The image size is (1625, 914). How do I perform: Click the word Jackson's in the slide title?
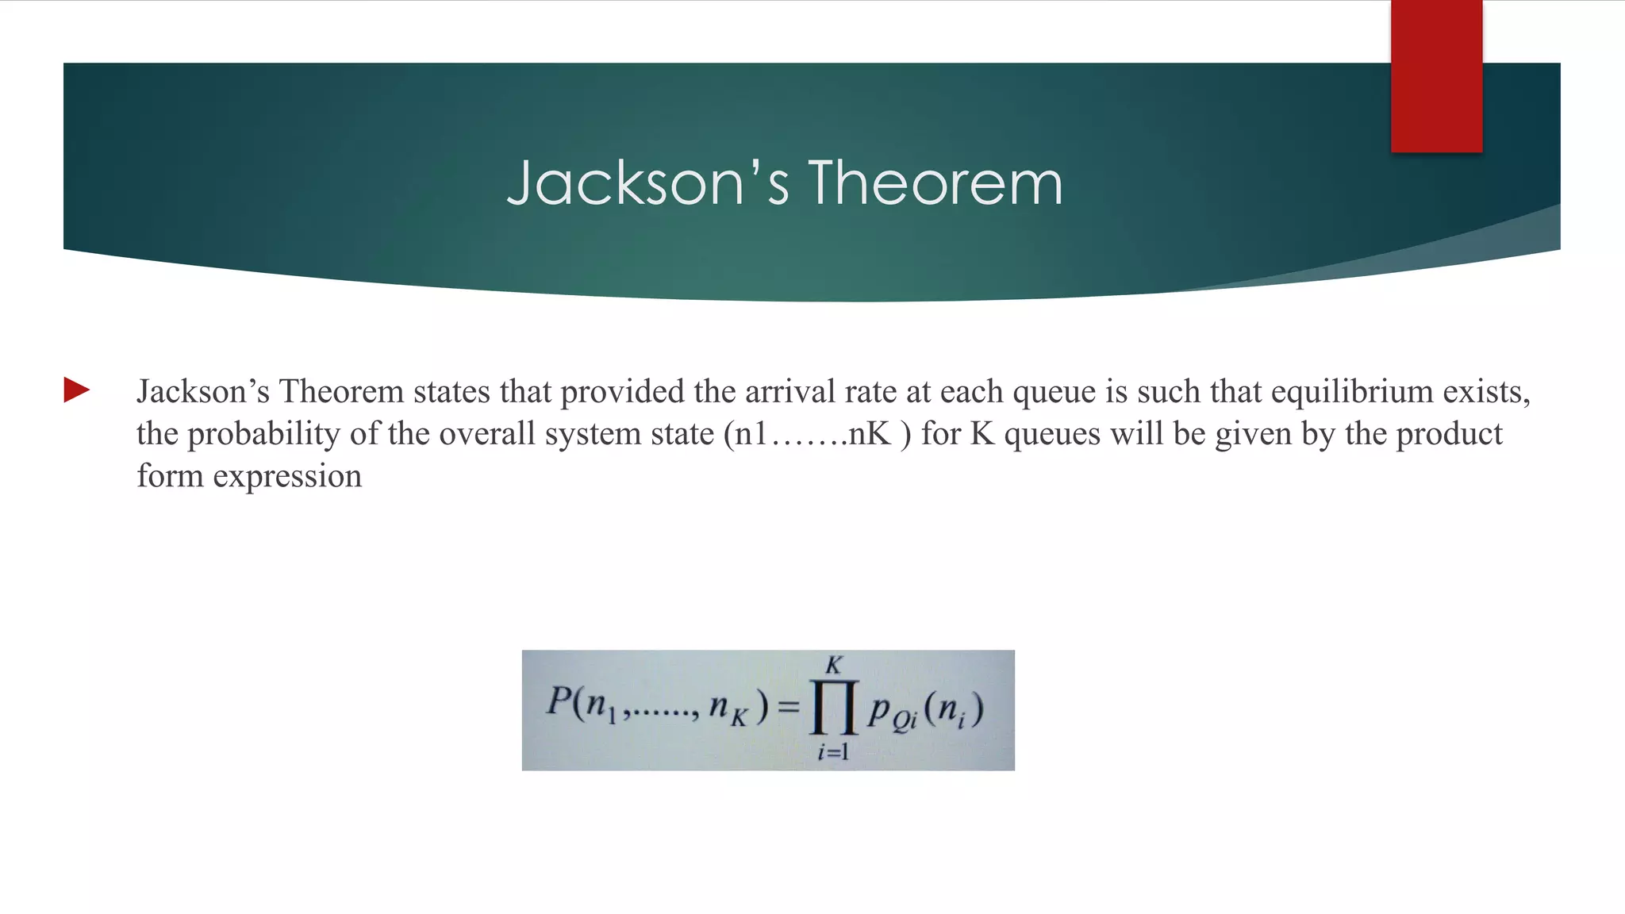(x=647, y=183)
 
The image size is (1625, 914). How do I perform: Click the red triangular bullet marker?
(x=77, y=390)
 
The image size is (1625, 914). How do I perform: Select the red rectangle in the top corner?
(x=1436, y=76)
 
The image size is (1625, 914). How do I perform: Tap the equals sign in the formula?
(x=788, y=706)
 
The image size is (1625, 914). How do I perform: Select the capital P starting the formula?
(x=559, y=701)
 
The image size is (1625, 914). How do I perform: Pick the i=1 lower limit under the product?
(x=833, y=751)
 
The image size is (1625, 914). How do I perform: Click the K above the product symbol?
(x=833, y=664)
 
